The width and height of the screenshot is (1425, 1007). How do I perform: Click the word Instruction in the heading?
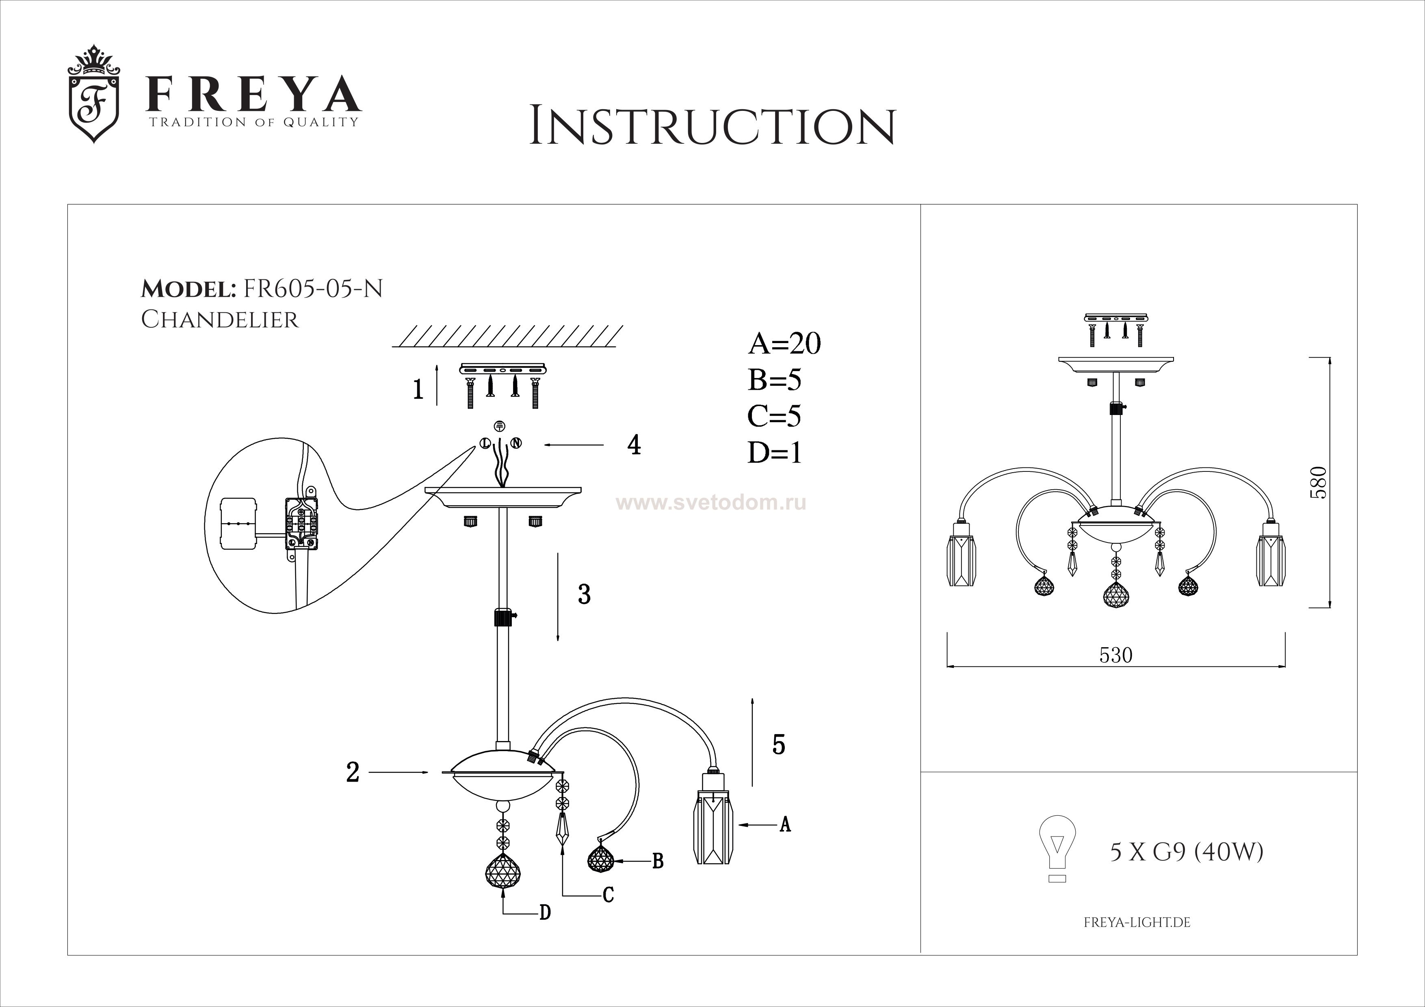712,127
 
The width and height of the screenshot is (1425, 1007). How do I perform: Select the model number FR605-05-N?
314,289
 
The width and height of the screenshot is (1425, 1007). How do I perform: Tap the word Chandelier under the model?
220,320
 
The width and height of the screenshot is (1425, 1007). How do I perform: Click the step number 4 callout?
634,445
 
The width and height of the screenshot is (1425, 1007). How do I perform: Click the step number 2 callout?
353,772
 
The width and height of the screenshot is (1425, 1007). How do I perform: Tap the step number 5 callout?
779,744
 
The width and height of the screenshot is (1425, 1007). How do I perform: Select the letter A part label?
785,825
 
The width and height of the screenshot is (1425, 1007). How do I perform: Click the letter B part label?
658,861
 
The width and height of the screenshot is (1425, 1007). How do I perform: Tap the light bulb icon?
1057,847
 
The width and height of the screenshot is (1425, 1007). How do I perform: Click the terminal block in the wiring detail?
302,524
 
